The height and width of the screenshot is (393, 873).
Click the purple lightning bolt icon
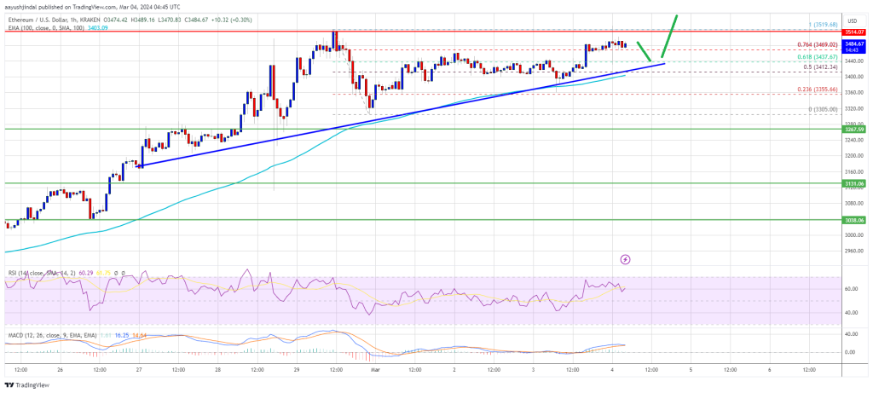[x=626, y=258]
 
